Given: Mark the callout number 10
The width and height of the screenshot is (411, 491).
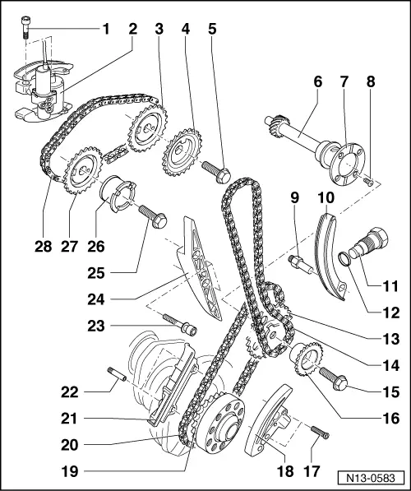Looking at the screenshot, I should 326,198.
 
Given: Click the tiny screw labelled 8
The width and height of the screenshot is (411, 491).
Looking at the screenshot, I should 369,179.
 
